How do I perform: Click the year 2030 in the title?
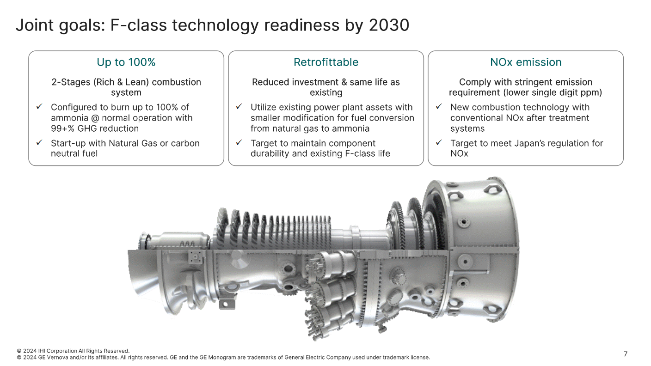389,25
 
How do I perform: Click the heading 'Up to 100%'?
126,62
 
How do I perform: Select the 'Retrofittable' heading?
326,62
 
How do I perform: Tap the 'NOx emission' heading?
526,62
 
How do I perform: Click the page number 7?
626,354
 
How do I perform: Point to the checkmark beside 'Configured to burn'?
39,107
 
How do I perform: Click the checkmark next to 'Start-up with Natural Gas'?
39,143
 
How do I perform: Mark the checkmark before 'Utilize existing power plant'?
239,107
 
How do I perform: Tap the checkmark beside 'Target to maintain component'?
239,143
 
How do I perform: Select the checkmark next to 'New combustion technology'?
439,107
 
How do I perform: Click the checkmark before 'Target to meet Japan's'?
439,143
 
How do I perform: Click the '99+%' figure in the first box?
62,128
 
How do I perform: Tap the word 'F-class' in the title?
139,25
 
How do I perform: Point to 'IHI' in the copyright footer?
42,351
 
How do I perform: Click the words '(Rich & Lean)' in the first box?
121,82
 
